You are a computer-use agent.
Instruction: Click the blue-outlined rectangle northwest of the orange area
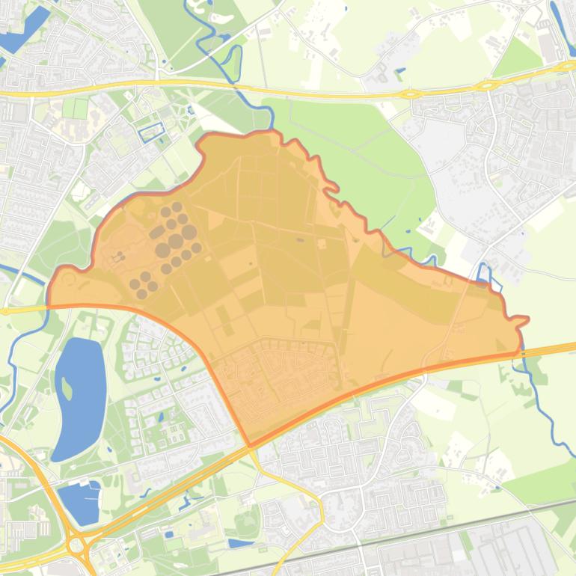click(x=151, y=132)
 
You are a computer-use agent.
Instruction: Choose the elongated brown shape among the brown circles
click(x=157, y=233)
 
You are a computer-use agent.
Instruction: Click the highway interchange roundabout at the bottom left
click(x=76, y=545)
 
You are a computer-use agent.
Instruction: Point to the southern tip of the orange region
click(x=249, y=446)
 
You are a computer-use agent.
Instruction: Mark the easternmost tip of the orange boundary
click(x=527, y=320)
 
